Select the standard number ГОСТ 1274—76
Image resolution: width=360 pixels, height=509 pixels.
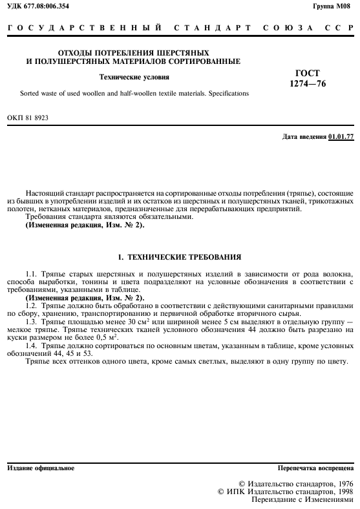tap(307, 78)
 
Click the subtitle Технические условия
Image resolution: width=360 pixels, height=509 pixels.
tap(134, 77)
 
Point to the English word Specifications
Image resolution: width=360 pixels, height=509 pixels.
tap(224, 94)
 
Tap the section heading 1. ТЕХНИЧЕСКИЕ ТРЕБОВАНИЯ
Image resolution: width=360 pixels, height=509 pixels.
tap(180, 257)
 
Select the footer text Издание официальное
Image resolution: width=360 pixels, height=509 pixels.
tap(40, 468)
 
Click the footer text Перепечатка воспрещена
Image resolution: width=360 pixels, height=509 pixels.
tap(316, 468)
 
